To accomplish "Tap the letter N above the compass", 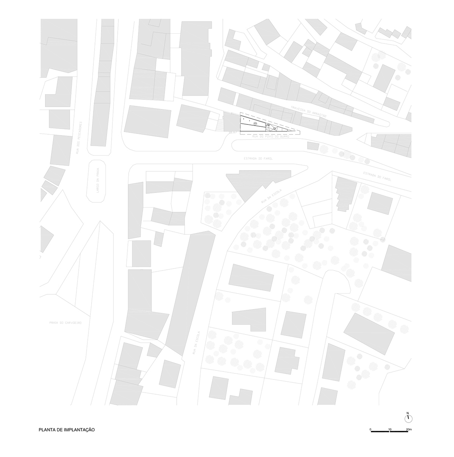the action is (x=408, y=413).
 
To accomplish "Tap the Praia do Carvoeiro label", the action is (x=65, y=323).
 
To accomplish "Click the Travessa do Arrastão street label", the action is (x=308, y=113).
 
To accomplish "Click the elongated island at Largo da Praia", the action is (x=98, y=181).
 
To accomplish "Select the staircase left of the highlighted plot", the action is (x=220, y=124).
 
